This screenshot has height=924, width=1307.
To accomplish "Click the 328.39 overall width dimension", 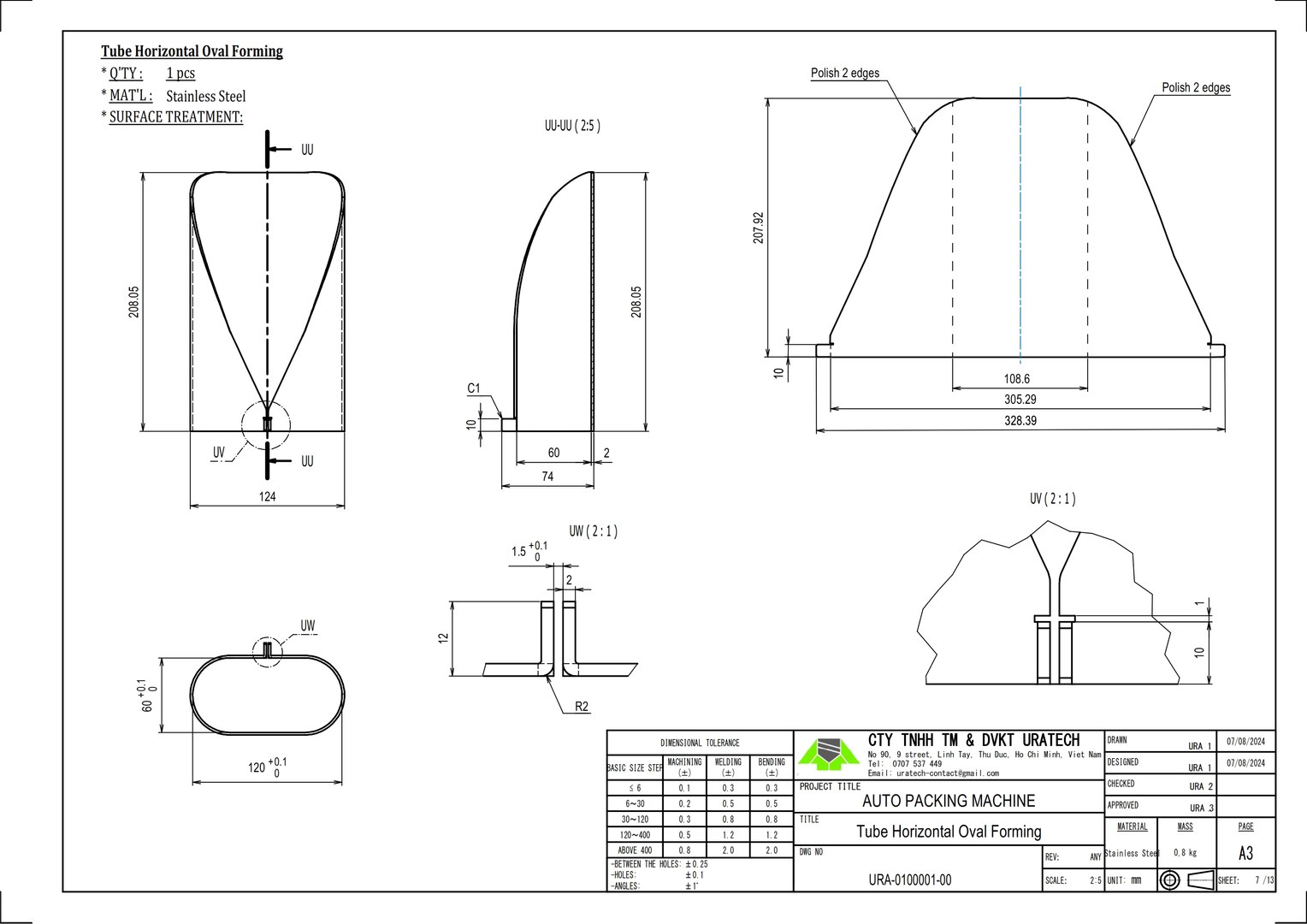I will (x=1020, y=421).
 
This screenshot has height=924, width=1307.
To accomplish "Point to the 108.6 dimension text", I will (x=1016, y=379).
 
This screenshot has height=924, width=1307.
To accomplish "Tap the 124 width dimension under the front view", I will (x=267, y=496).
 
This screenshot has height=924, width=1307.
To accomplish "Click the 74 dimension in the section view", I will (x=547, y=477).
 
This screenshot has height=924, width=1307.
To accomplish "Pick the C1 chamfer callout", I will (x=474, y=389).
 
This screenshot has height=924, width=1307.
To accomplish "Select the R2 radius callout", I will (x=582, y=707).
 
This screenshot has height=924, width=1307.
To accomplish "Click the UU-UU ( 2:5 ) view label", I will (x=572, y=126).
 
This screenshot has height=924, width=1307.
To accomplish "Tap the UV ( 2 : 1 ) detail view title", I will (x=1052, y=499).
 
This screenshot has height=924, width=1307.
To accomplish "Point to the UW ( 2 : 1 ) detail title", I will (x=593, y=531).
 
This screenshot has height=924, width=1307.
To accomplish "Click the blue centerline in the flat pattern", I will (x=1020, y=222).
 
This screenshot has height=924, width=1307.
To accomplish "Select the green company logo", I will (x=828, y=753).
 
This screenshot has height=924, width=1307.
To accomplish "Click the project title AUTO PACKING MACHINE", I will (x=948, y=801).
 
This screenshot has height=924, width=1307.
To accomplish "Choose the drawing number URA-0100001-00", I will (x=909, y=880).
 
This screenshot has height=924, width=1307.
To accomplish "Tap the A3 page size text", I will (x=1245, y=854).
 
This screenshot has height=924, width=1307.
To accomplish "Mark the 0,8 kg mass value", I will (x=1185, y=853).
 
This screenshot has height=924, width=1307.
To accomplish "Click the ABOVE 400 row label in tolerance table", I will (x=634, y=850).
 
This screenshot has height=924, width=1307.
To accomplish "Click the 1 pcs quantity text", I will (x=180, y=74).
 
